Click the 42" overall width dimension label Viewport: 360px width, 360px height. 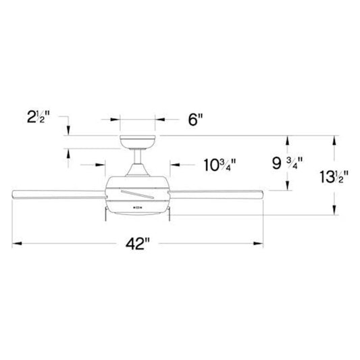[x=138, y=244]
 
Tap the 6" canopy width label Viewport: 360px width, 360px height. [x=195, y=120]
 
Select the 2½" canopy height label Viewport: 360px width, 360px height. [x=38, y=117]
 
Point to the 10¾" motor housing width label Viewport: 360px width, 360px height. [x=220, y=165]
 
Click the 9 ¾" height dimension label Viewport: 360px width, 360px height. [x=288, y=163]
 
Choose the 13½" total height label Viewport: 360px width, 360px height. [x=334, y=177]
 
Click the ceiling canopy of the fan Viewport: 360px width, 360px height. [x=138, y=143]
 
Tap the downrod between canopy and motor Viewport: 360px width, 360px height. [x=138, y=157]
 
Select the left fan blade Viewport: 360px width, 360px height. [x=59, y=195]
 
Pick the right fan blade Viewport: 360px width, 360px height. [x=215, y=195]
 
